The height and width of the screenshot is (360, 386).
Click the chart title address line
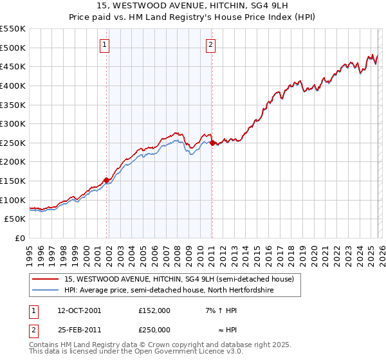pyautogui.click(x=192, y=6)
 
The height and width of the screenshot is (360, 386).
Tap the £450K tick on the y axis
pyautogui.click(x=13, y=66)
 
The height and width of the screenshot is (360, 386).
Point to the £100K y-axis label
pyautogui.click(x=13, y=200)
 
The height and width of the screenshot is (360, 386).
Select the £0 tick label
pyautogui.click(x=19, y=239)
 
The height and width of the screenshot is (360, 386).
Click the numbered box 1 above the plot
pyautogui.click(x=104, y=44)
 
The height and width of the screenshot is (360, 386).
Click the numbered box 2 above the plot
pyautogui.click(x=210, y=44)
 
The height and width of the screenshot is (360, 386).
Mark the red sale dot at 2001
pyautogui.click(x=107, y=180)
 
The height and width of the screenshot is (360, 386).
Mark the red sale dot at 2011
pyautogui.click(x=213, y=143)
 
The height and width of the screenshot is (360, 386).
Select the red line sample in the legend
pyautogui.click(x=46, y=280)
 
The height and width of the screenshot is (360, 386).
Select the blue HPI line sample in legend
pyautogui.click(x=46, y=291)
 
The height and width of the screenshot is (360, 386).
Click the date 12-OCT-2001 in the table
pyautogui.click(x=78, y=310)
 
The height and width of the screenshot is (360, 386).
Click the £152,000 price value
pyautogui.click(x=154, y=310)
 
